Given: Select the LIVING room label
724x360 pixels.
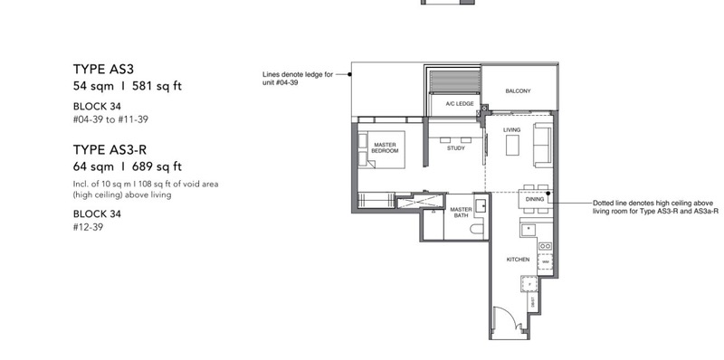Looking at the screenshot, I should click(512, 130).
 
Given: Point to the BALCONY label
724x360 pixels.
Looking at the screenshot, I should click(518, 90).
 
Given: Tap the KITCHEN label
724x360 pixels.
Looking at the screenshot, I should click(518, 260).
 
